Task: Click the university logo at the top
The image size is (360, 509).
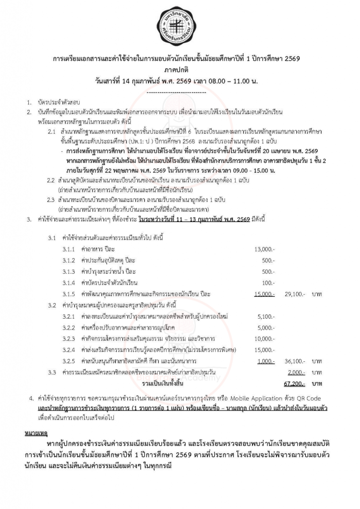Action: coord(180,25)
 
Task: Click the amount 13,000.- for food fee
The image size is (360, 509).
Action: coord(265,249)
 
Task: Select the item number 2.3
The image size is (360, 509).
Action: coord(51,200)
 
